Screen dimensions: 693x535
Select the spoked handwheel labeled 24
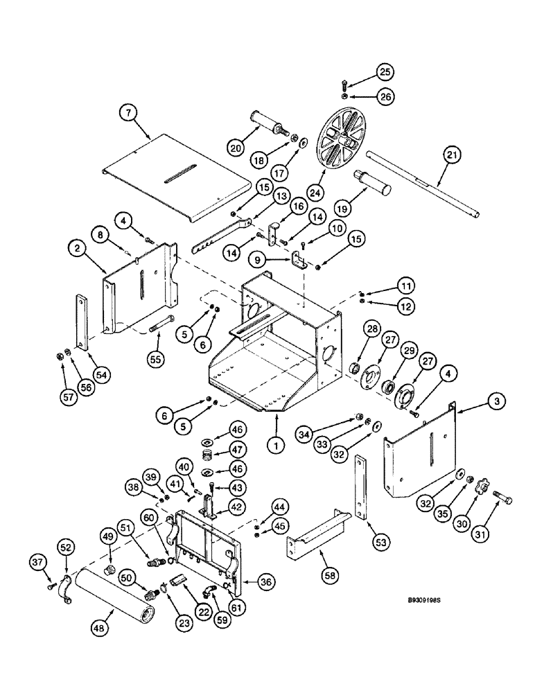coord(342,143)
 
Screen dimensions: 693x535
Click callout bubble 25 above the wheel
coord(385,71)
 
